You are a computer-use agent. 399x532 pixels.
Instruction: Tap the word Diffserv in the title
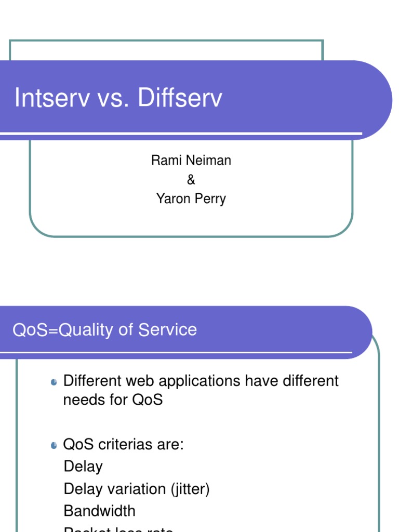point(180,98)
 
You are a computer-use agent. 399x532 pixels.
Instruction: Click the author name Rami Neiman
point(191,161)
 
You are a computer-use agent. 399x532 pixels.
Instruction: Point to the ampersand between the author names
point(191,180)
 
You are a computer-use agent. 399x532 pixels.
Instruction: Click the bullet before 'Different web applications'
point(54,382)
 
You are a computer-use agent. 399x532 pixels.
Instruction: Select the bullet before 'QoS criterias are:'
point(54,445)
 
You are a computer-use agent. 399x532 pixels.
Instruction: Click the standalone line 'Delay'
point(83,467)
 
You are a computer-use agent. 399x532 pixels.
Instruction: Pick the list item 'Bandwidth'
point(99,511)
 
